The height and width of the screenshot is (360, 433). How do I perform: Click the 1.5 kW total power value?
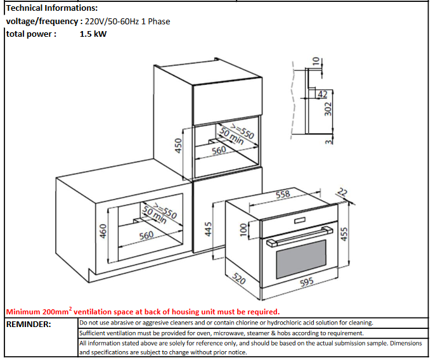(x=93, y=34)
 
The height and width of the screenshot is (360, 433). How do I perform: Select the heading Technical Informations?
(x=52, y=8)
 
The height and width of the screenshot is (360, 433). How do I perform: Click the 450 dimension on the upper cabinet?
(x=179, y=146)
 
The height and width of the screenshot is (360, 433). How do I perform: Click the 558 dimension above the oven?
(x=283, y=194)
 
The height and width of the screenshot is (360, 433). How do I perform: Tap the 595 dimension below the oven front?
(x=307, y=283)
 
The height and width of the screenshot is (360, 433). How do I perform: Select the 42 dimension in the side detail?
(x=322, y=94)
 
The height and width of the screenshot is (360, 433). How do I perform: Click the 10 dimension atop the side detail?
(x=316, y=61)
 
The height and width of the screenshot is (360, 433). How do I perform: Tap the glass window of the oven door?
(x=304, y=262)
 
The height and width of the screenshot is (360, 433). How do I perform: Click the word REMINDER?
(x=29, y=324)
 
